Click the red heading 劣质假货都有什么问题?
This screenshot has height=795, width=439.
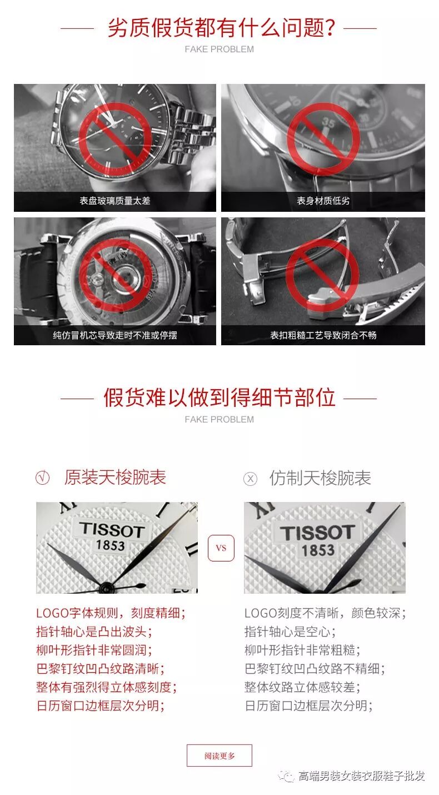[x=222, y=27]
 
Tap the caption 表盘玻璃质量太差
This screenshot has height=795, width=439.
[x=115, y=201]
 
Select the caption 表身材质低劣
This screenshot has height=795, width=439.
[x=323, y=201]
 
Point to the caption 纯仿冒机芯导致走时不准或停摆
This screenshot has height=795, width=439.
[x=115, y=335]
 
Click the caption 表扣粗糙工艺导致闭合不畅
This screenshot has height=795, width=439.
[x=323, y=335]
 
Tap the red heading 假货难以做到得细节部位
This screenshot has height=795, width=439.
[x=219, y=397]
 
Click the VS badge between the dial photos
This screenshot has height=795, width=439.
[x=221, y=548]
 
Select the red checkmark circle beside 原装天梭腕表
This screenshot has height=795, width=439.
[x=43, y=478]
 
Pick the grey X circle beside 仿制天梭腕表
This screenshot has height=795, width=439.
[x=250, y=479]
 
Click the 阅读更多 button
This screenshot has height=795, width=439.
[x=219, y=756]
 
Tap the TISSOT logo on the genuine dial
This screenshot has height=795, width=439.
[x=112, y=530]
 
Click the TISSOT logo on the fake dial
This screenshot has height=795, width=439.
[x=318, y=533]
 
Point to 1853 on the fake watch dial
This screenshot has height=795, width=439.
[x=318, y=550]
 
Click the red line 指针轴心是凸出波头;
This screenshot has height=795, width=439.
[x=94, y=632]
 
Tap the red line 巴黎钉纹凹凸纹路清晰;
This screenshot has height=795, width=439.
[x=101, y=669]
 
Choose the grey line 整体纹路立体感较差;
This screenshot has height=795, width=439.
[x=302, y=687]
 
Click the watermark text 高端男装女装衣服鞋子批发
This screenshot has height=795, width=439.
[x=361, y=776]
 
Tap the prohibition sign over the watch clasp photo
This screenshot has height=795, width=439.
[x=322, y=275]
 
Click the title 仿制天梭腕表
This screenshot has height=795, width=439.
[x=320, y=478]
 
